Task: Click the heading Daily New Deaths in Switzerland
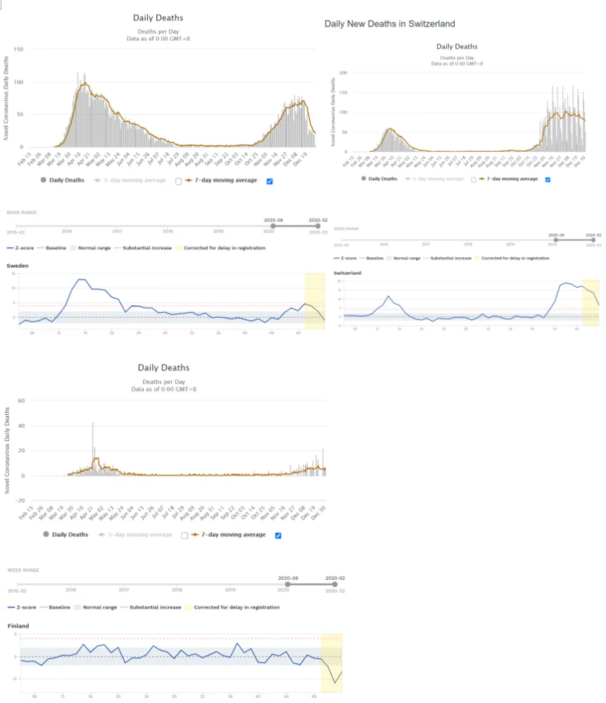(389, 24)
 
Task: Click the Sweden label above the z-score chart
(18, 266)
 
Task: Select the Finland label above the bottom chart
(18, 625)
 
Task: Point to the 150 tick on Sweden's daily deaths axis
(19, 49)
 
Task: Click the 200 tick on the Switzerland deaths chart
(343, 72)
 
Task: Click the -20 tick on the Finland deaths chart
(20, 501)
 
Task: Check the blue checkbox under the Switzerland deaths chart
(548, 179)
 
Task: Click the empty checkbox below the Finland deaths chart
(184, 535)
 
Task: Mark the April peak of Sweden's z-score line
(81, 280)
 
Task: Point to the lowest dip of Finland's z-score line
(334, 682)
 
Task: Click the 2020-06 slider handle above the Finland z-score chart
(287, 584)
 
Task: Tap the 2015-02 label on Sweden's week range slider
(15, 231)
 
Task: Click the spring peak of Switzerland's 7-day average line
(389, 129)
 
